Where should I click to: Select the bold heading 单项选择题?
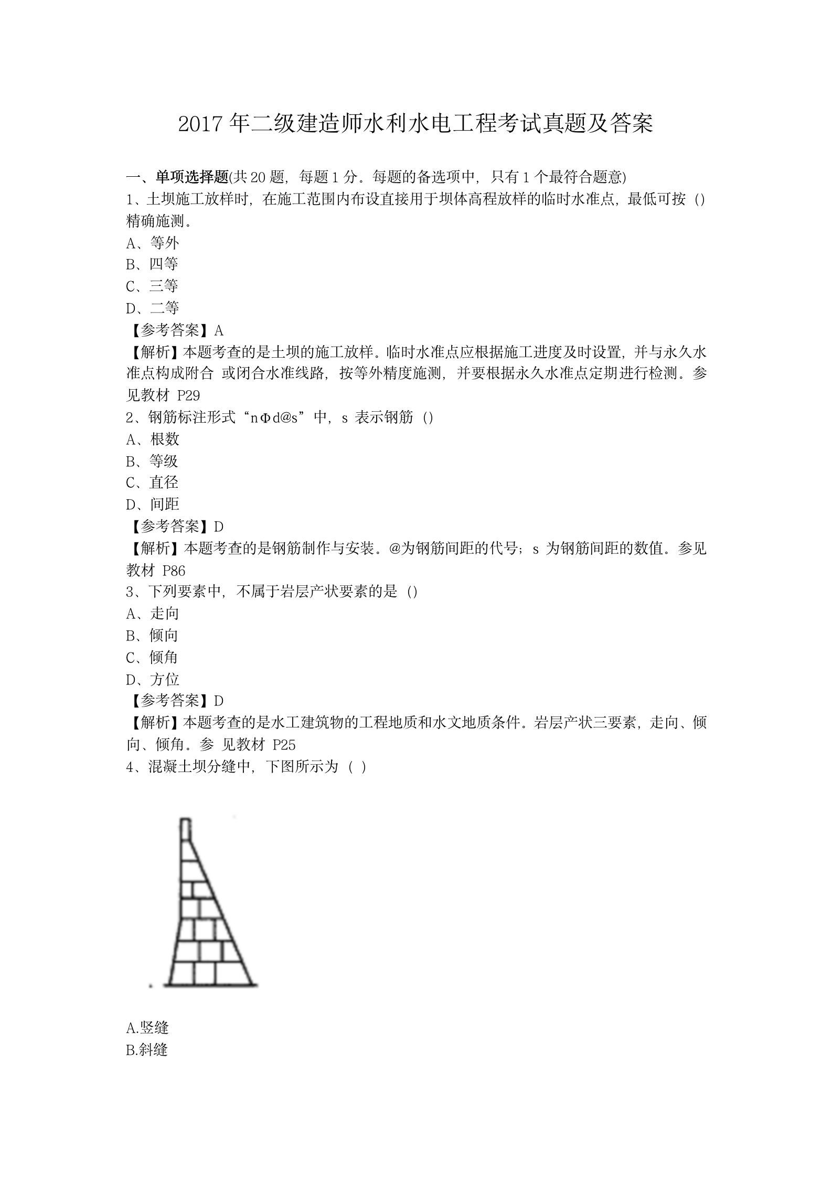(193, 177)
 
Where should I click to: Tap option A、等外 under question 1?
(153, 243)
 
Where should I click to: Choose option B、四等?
(152, 264)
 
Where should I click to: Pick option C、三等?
(152, 286)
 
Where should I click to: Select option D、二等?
(153, 308)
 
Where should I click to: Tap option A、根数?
(153, 439)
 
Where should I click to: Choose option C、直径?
(152, 483)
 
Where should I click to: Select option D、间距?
(153, 505)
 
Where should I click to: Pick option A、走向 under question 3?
(153, 614)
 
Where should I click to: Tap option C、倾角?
(152, 658)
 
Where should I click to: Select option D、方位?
(153, 680)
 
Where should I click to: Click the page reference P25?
(284, 745)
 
